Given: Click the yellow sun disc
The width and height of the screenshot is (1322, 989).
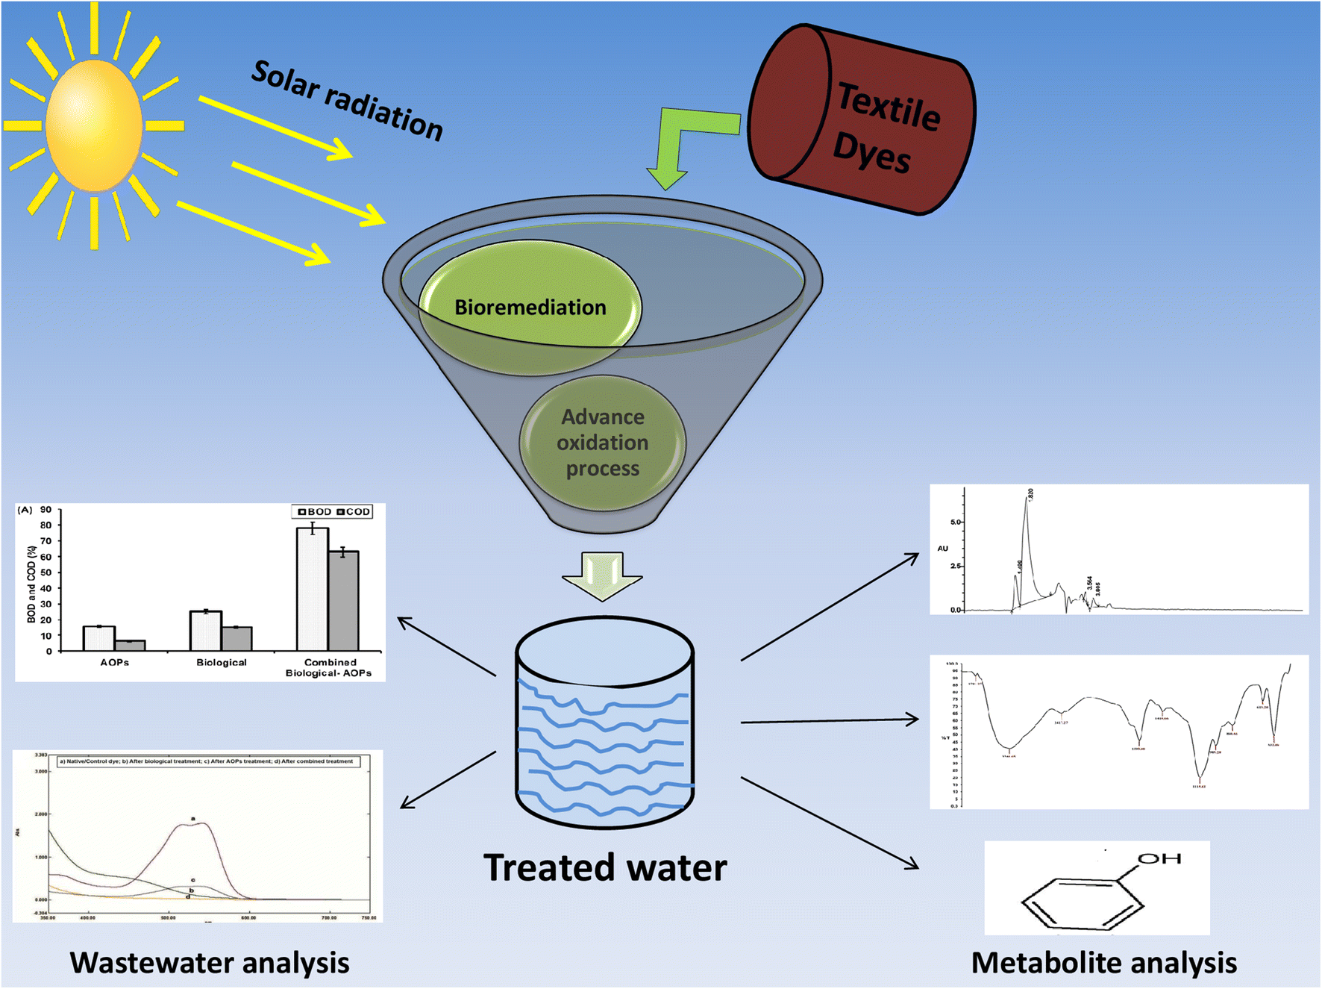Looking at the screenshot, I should coord(94,125).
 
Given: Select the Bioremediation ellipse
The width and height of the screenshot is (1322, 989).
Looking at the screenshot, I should coord(530,307).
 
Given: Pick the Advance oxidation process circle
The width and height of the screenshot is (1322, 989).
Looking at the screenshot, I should coord(602,443).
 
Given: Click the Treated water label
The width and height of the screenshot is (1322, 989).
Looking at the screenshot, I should coord(604,867).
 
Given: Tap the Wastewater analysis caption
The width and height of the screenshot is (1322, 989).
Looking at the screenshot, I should coord(210,962).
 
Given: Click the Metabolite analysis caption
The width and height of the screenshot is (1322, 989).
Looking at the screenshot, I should coord(1103,962).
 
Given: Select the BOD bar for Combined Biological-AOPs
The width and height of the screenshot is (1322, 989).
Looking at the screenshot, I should coord(312,590).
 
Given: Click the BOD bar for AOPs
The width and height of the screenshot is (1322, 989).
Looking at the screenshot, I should coord(98,638).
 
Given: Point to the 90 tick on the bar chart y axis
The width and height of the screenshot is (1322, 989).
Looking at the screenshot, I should coord(46,510).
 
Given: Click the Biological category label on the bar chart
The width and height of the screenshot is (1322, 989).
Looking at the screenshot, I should coord(222,662).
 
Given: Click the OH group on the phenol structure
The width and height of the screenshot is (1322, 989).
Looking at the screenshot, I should coord(1159,859).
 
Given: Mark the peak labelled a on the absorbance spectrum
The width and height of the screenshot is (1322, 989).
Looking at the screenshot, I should coord(193,823).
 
